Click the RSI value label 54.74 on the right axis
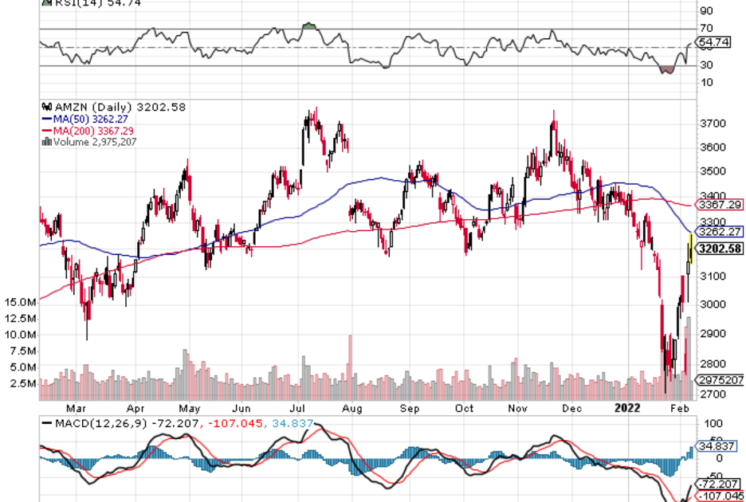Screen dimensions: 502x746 [713, 41]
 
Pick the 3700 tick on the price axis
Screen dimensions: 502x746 [712, 124]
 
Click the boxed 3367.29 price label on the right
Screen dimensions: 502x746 [719, 205]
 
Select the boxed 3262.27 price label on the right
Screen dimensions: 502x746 [719, 232]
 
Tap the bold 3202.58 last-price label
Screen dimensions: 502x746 [719, 249]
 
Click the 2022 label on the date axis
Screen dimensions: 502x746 [630, 408]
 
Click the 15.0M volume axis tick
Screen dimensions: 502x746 [20, 303]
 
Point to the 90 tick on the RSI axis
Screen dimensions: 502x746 [707, 11]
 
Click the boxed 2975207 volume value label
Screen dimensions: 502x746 [719, 380]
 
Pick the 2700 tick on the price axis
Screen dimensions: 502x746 [712, 394]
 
